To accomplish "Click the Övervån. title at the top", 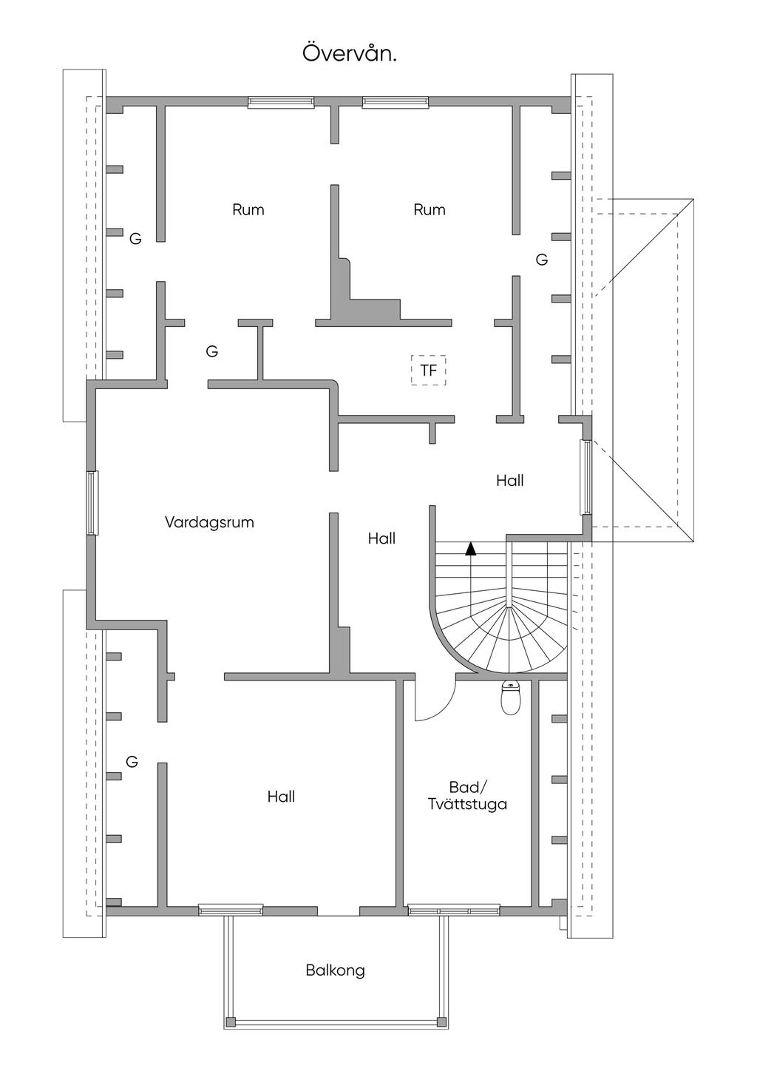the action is pyautogui.click(x=350, y=53).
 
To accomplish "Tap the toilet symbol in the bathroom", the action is pyautogui.click(x=510, y=698).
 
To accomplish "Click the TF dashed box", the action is pyautogui.click(x=428, y=370).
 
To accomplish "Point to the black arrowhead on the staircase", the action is pyautogui.click(x=471, y=548).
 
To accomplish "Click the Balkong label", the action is pyautogui.click(x=335, y=970).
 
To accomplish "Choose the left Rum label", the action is pyautogui.click(x=248, y=209).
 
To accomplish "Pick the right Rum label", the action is pyautogui.click(x=430, y=209).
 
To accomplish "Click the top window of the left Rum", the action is pyautogui.click(x=281, y=102).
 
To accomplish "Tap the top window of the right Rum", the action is pyautogui.click(x=396, y=102).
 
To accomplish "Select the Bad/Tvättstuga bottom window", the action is pyautogui.click(x=453, y=910).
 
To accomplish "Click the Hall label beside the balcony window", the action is pyautogui.click(x=281, y=796).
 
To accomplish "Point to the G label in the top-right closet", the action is pyautogui.click(x=541, y=260).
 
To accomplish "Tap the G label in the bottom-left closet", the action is pyautogui.click(x=132, y=761).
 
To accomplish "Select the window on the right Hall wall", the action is pyautogui.click(x=586, y=477).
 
